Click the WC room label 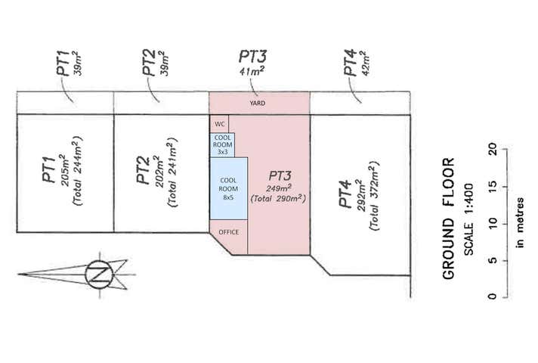(218, 123)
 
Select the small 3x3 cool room (222, 144)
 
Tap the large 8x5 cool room (228, 188)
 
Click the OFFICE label (228, 231)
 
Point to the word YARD (258, 103)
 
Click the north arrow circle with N (97, 274)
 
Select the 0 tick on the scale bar (492, 296)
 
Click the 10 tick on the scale (492, 223)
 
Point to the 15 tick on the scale (492, 185)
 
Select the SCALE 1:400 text (468, 219)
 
